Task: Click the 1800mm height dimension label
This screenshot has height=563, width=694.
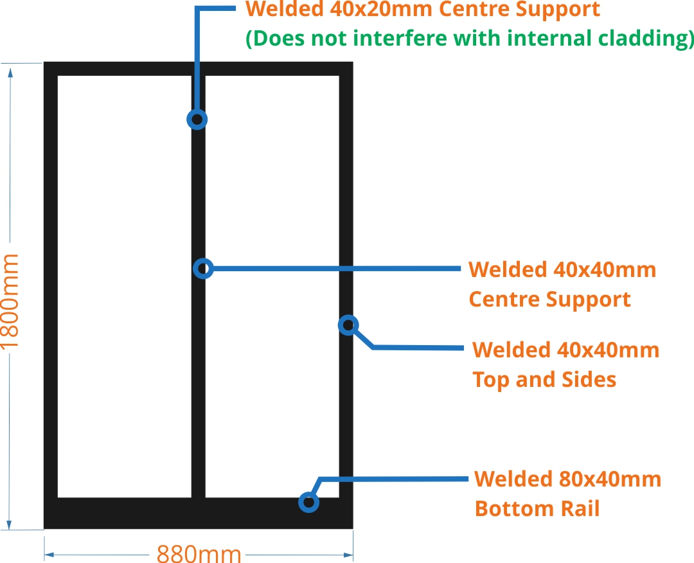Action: point(11,301)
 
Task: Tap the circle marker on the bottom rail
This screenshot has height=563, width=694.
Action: point(309,502)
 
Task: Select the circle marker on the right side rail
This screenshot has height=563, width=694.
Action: point(348,325)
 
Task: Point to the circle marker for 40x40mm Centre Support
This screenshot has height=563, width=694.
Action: point(203,268)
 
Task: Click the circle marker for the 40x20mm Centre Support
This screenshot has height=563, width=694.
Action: point(197,119)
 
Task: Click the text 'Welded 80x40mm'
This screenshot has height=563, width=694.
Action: point(567,479)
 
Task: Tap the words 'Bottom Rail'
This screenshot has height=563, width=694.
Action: point(537,508)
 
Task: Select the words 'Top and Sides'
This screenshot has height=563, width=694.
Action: point(544,379)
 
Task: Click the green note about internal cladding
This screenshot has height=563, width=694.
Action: point(470,39)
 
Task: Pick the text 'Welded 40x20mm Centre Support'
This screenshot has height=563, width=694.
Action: point(423,10)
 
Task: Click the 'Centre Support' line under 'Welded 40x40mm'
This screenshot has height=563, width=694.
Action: point(549,299)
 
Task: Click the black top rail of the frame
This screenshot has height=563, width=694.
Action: point(198,69)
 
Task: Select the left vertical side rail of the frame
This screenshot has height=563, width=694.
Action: point(51,289)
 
